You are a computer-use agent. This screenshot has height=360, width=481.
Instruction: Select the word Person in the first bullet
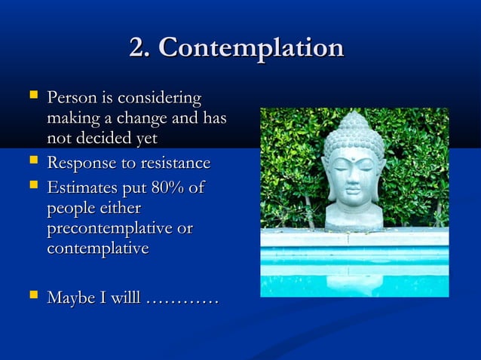[x=70, y=98]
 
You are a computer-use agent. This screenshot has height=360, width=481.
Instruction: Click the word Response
[x=79, y=163]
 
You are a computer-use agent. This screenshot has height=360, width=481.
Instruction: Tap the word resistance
[x=171, y=163]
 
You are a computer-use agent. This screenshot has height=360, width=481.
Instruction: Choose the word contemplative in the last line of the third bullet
[x=97, y=248]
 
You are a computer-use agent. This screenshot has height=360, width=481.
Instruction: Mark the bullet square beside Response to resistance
[x=32, y=163]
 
